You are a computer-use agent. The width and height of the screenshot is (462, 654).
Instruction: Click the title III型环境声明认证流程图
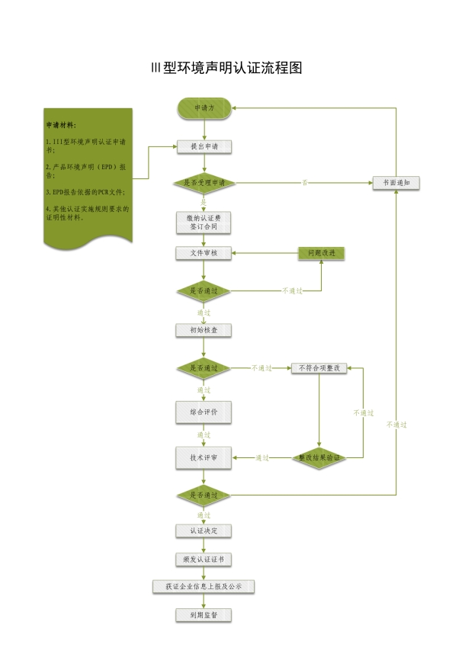pyautogui.click(x=227, y=68)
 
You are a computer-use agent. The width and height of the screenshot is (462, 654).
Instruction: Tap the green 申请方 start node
pyautogui.click(x=204, y=108)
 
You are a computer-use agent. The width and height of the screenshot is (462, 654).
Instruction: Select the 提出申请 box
pyautogui.click(x=204, y=146)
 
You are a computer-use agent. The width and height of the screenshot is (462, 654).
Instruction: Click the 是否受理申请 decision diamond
pyautogui.click(x=204, y=183)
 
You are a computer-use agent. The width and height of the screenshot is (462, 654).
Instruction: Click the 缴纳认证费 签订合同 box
pyautogui.click(x=204, y=222)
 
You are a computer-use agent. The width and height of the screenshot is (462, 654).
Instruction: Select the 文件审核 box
pyautogui.click(x=204, y=253)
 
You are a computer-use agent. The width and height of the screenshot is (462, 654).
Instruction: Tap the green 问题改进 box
pyautogui.click(x=321, y=253)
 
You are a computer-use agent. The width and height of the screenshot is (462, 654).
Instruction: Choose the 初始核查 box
pyautogui.click(x=204, y=330)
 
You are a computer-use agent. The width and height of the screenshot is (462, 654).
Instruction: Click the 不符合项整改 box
pyautogui.click(x=319, y=368)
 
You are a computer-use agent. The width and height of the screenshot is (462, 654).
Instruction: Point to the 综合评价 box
pyautogui.click(x=204, y=412)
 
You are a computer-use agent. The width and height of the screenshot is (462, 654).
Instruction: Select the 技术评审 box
pyautogui.click(x=204, y=457)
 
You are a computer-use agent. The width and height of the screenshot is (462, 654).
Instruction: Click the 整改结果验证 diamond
pyautogui.click(x=319, y=457)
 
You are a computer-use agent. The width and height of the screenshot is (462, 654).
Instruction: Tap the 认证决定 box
pyautogui.click(x=204, y=531)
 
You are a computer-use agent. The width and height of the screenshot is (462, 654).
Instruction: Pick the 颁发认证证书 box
pyautogui.click(x=204, y=559)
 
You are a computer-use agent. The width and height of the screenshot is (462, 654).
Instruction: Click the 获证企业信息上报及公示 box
pyautogui.click(x=204, y=587)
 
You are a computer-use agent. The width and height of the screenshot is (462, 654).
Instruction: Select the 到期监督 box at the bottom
pyautogui.click(x=204, y=615)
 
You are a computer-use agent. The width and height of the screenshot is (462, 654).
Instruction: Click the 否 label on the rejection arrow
pyautogui.click(x=305, y=183)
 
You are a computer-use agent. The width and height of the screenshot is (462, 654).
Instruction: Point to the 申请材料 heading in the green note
pyautogui.click(x=62, y=124)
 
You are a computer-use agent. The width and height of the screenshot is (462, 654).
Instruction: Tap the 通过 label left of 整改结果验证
pyautogui.click(x=262, y=458)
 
